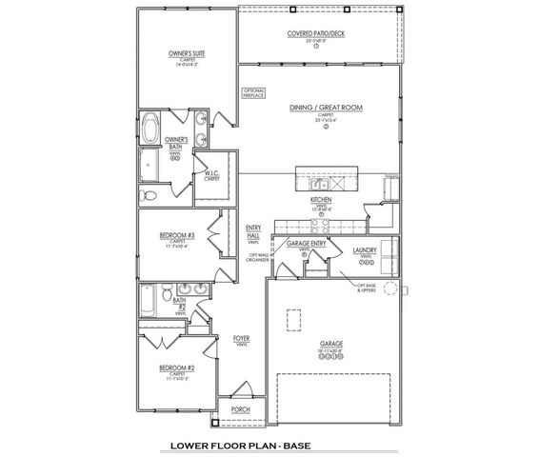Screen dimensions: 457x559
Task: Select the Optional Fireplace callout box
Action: pyautogui.click(x=252, y=93)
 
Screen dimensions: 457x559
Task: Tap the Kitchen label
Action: pyautogui.click(x=320, y=200)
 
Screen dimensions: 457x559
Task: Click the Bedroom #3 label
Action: pyautogui.click(x=177, y=234)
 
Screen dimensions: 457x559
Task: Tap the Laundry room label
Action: pyautogui.click(x=367, y=251)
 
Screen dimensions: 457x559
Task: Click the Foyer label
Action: pyautogui.click(x=242, y=338)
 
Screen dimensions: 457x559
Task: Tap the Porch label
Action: pyautogui.click(x=241, y=410)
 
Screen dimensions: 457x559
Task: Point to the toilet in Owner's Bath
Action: pyautogui.click(x=149, y=195)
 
